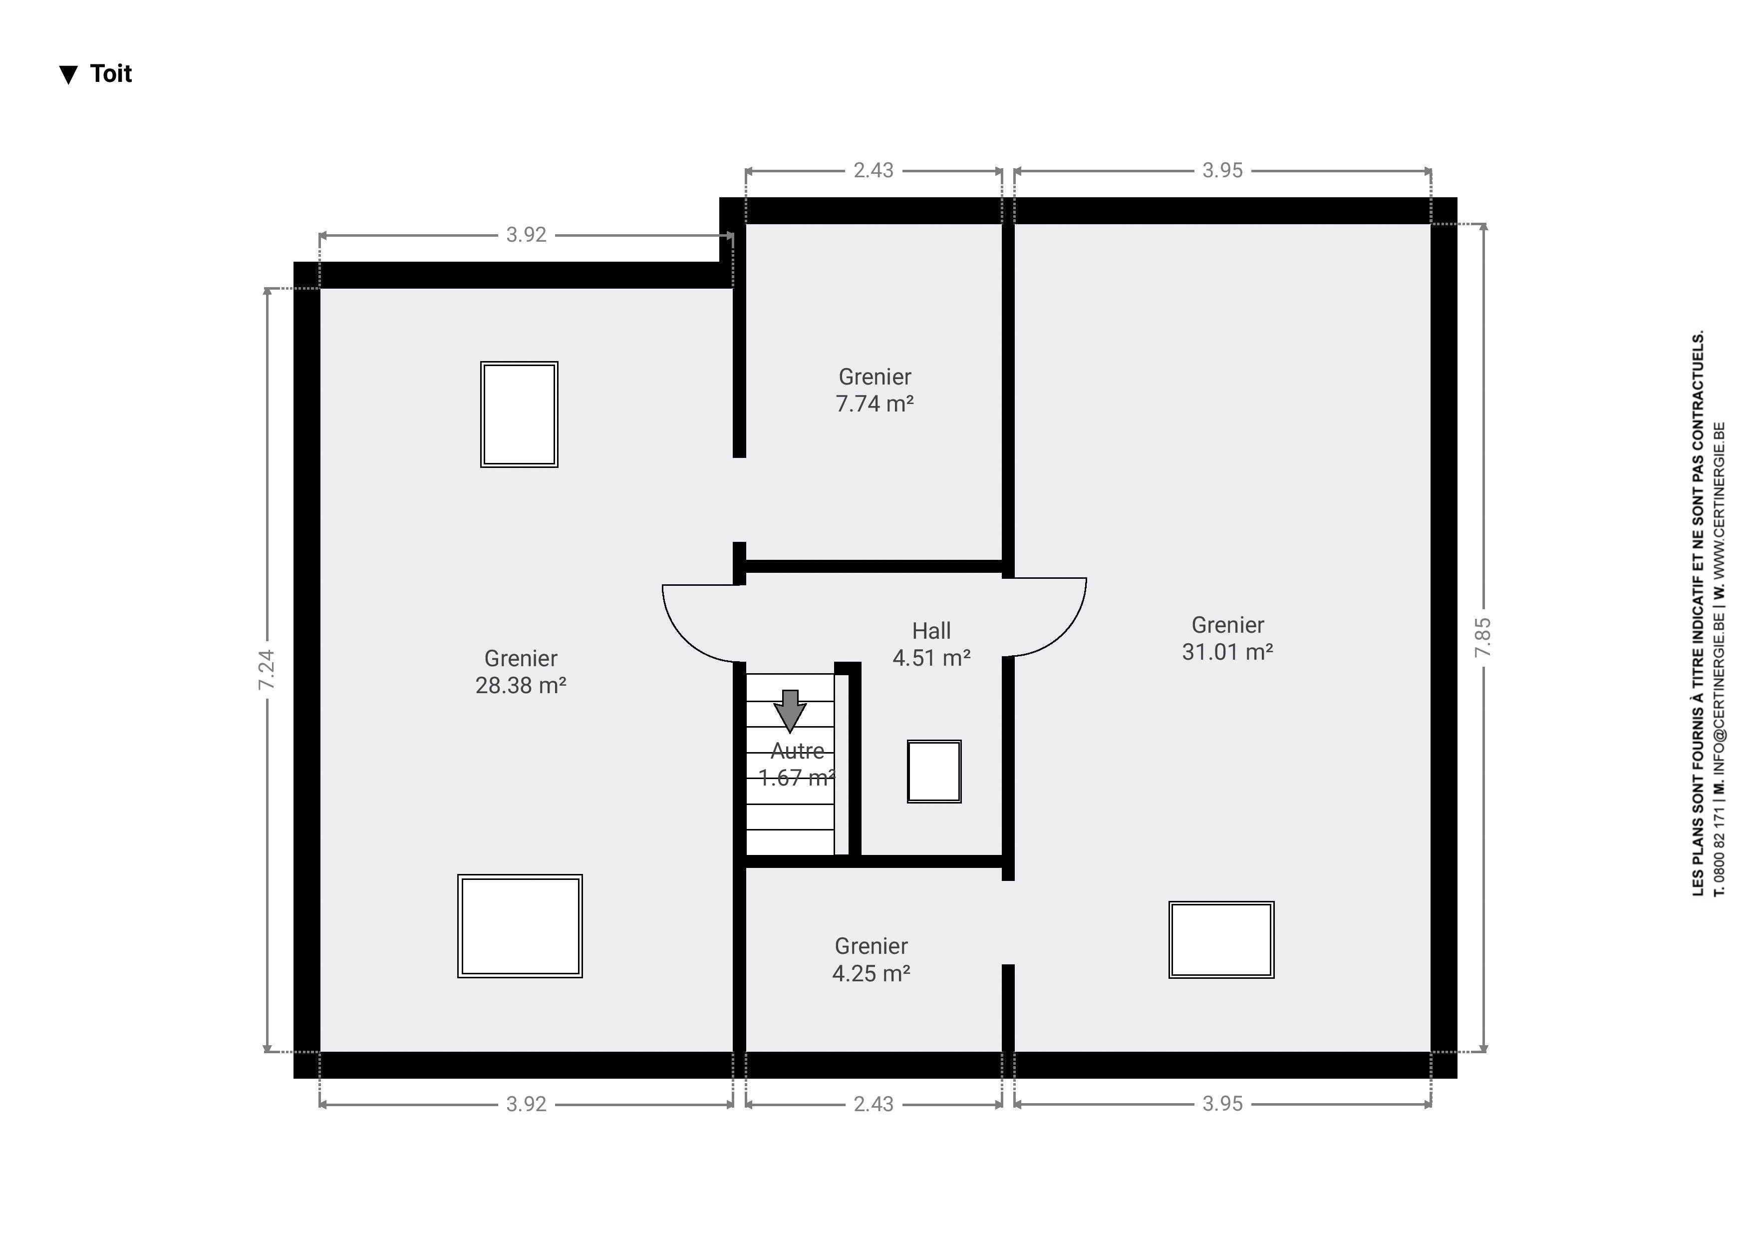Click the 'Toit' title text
pos(111,74)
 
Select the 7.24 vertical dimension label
pos(266,670)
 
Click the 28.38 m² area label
pos(521,685)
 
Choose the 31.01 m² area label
pos(1227,651)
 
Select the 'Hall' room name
pos(931,631)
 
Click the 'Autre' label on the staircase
pos(797,752)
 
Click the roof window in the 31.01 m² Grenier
pos(1221,940)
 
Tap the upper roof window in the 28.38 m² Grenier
pos(519,414)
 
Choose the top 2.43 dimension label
pos(873,170)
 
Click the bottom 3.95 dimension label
pos(1222,1104)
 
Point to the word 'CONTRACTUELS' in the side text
pos(1698,396)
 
